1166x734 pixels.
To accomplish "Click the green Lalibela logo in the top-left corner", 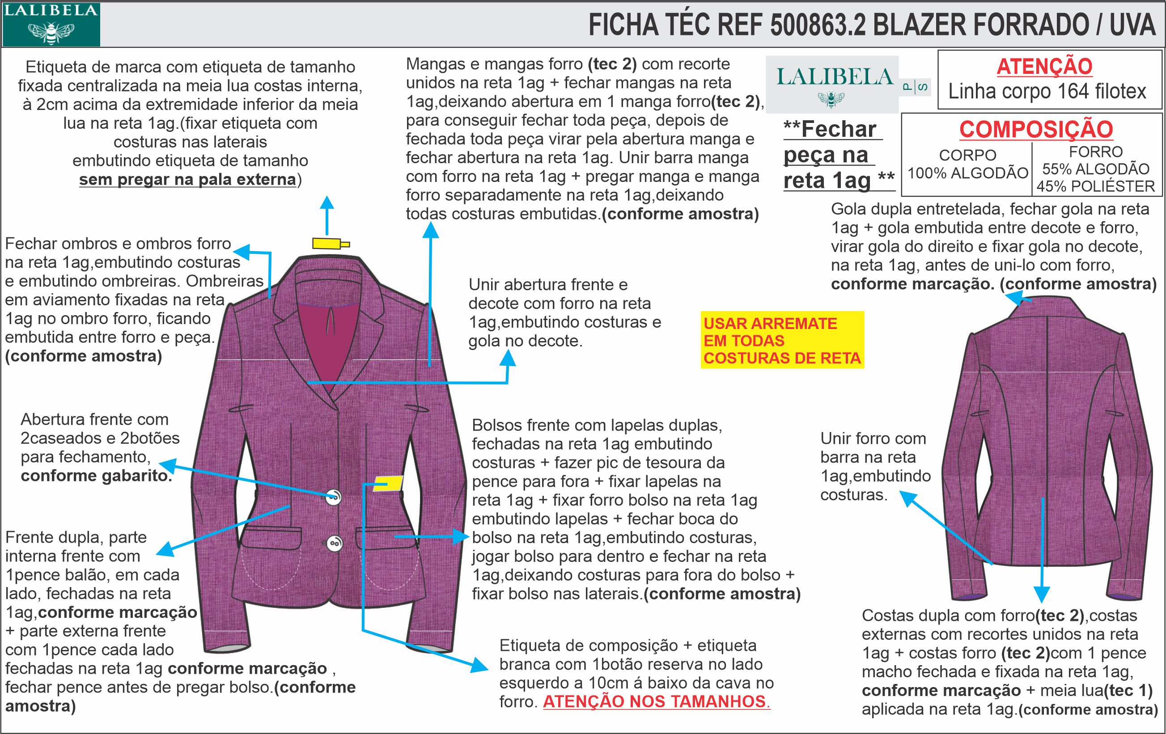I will [x=51, y=24].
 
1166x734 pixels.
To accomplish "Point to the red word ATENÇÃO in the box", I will [x=1044, y=67].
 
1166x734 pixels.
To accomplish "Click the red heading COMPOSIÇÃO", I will [x=1036, y=129].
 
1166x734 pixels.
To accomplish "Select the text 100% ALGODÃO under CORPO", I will [x=967, y=173].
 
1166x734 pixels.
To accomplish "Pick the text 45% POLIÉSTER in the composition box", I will [x=1095, y=186].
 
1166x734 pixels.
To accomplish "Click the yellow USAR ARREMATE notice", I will [x=781, y=341].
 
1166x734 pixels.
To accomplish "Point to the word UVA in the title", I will [x=1132, y=25].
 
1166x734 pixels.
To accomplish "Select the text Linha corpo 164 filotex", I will [x=1047, y=92].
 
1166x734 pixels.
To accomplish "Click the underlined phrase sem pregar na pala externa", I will [x=187, y=180].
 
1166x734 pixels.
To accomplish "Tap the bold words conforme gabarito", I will [x=96, y=476].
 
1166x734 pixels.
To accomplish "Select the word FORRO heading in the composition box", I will [x=1095, y=152].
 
